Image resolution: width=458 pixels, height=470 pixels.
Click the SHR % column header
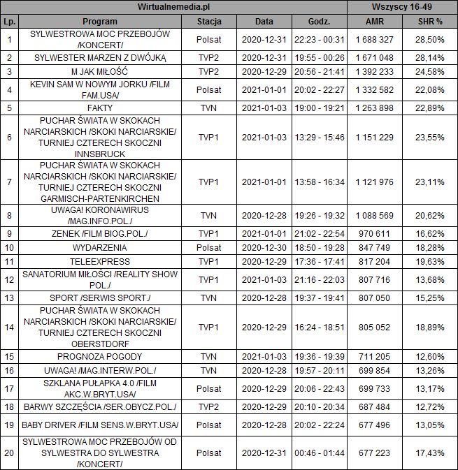[430, 22]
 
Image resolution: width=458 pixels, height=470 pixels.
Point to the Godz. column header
[319, 22]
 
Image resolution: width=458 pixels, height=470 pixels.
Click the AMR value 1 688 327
[374, 40]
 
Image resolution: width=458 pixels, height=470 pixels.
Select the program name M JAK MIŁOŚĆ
[95, 71]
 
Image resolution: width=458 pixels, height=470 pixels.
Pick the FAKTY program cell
[95, 108]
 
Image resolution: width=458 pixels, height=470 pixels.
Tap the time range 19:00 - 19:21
[319, 108]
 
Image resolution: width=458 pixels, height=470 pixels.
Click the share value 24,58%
[430, 71]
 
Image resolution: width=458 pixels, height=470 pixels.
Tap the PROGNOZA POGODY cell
[95, 356]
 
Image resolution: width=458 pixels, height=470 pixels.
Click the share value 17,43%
[430, 453]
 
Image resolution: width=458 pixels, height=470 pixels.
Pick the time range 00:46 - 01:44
[319, 453]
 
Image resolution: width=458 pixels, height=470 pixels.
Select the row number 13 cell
[9, 298]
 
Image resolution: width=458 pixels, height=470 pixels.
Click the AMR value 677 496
[374, 425]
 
